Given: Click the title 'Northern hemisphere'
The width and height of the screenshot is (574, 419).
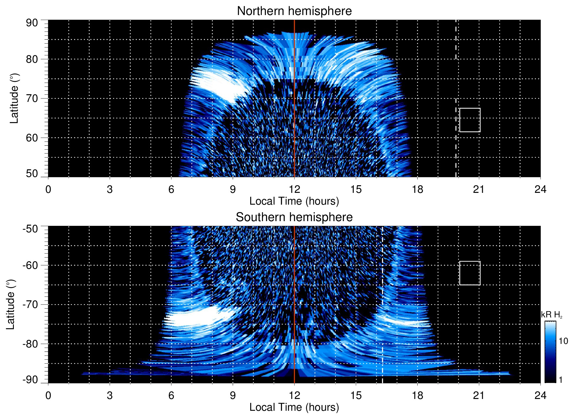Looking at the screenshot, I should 294,11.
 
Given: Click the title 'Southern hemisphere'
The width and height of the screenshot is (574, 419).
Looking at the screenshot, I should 294,217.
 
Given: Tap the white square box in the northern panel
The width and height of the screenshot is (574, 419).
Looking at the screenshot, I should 470,120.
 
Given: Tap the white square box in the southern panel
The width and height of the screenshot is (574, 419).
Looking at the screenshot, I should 470,273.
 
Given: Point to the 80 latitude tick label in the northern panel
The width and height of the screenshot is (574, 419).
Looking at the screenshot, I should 32,59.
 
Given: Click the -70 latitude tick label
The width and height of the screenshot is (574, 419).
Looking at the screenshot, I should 30,304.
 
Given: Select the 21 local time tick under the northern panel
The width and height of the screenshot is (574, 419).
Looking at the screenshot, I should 479,189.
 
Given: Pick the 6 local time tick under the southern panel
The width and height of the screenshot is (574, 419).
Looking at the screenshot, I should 171,395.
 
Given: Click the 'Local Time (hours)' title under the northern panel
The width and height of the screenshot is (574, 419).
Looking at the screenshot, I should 294,201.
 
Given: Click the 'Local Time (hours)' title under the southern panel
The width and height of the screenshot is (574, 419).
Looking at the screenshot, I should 294,407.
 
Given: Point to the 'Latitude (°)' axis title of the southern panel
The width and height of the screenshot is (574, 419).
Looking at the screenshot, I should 11,304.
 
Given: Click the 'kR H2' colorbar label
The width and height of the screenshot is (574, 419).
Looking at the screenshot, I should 551,315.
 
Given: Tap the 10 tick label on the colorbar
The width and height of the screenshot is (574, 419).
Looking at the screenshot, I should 563,341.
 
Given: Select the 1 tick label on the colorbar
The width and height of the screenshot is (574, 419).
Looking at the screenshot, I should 560,380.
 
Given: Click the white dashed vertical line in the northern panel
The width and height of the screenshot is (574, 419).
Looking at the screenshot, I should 456,88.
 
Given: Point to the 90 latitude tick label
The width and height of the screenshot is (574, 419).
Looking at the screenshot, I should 32,23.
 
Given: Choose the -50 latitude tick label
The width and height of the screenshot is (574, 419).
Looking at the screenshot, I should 30,229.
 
